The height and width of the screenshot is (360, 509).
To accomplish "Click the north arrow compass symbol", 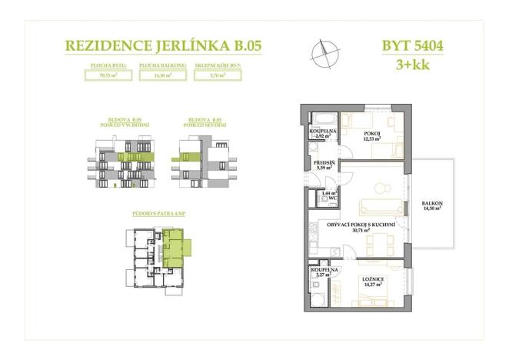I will click(x=323, y=54).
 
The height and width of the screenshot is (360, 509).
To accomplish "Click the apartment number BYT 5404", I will click(x=412, y=45).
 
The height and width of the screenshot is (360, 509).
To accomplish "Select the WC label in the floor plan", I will click(x=332, y=198).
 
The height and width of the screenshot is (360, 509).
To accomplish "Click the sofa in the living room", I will click(x=378, y=205).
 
